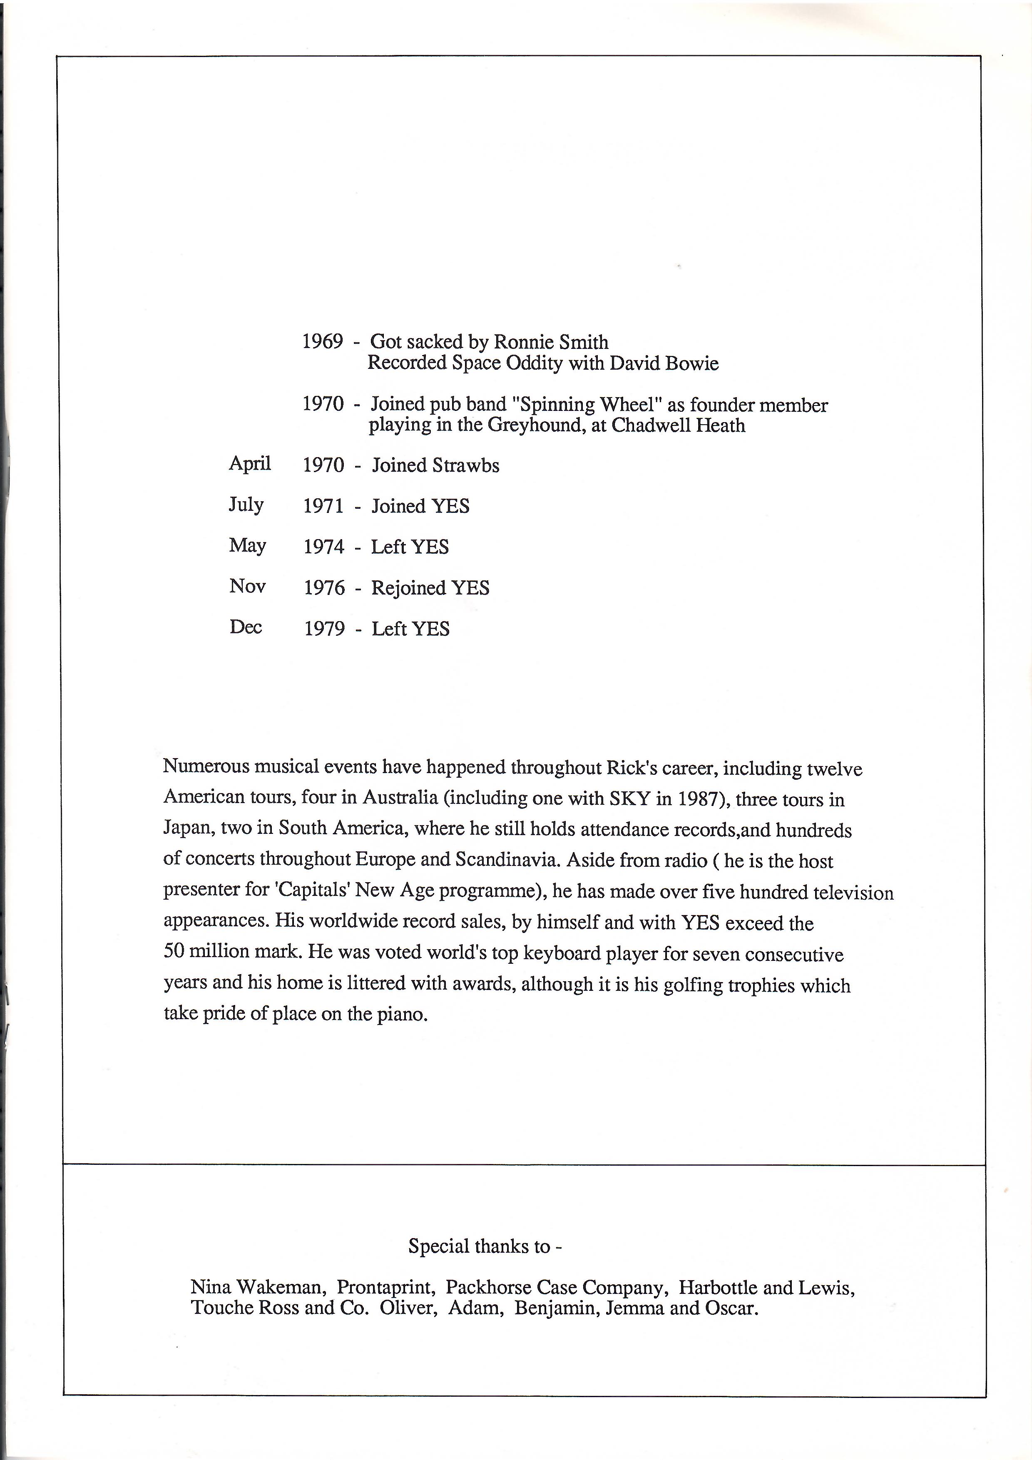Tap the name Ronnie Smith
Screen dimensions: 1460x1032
[x=551, y=342]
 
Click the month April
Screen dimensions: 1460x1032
[x=250, y=464]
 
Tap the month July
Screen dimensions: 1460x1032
[x=246, y=505]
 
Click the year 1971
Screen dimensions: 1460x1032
[x=323, y=506]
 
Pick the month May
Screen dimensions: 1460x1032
[x=247, y=546]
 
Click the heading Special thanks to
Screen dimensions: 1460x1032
[x=485, y=1245]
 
